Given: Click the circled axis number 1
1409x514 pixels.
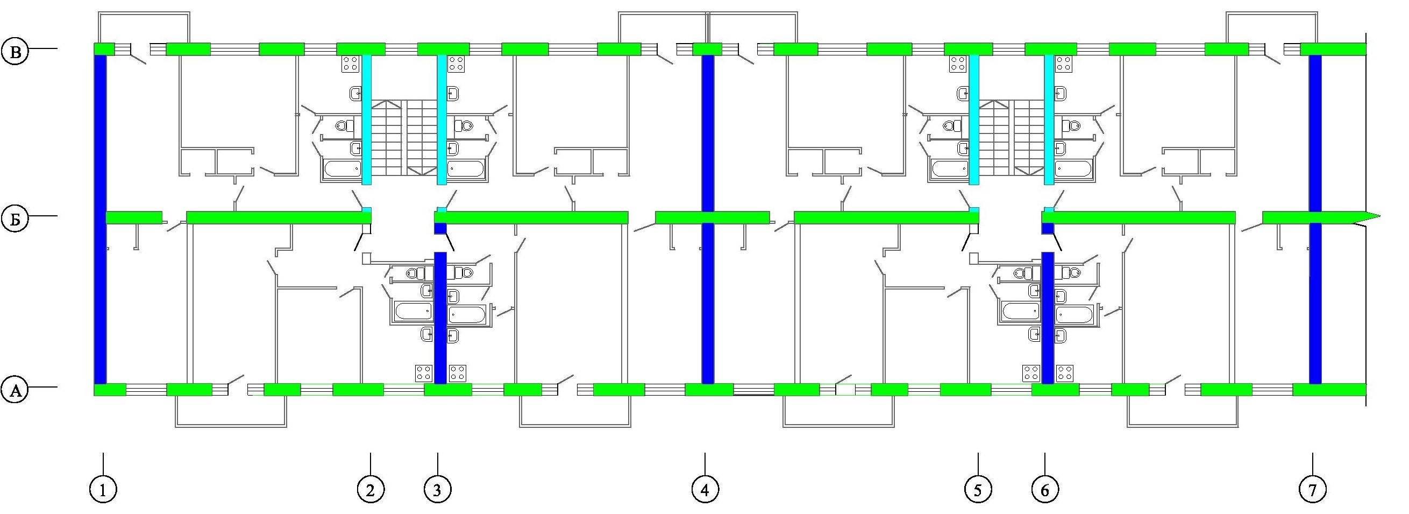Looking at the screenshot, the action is (103, 490).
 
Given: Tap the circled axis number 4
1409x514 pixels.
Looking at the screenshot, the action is (705, 490).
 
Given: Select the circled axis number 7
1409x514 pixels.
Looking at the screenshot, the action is (1312, 490).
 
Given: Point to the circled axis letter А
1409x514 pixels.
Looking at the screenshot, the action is (15, 390).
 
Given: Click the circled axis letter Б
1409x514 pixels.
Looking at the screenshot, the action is (15, 219).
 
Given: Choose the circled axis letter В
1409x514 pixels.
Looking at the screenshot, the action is (15, 52).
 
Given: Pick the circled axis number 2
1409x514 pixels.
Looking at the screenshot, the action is (371, 490).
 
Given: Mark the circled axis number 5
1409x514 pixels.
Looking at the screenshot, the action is (978, 490).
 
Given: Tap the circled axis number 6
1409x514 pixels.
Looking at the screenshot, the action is (1045, 490).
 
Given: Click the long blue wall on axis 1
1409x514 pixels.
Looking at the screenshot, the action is (100, 220).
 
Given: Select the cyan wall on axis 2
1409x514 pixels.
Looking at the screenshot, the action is (367, 120).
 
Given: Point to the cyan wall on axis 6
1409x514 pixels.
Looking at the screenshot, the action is (1049, 120).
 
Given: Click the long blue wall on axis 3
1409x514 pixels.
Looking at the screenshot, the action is (440, 318).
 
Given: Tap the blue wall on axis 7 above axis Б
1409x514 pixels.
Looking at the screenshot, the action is (1315, 133).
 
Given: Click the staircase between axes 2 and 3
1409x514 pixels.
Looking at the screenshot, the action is (405, 137).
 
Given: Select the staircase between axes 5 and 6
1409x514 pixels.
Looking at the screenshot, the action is (1012, 137).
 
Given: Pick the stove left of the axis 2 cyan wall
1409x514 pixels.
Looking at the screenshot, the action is (350, 64).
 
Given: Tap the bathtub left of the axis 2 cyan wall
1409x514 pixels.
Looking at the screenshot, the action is (343, 168).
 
